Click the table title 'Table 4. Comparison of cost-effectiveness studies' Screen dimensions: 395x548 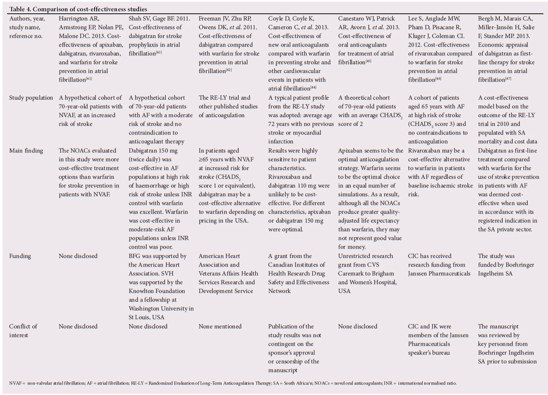point(78,9)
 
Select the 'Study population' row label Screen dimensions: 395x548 point(31,98)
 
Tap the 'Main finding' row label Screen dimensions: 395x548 point(26,151)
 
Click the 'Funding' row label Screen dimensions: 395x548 point(20,256)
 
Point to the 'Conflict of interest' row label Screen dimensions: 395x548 point(23,331)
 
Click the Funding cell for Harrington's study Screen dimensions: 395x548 point(78,256)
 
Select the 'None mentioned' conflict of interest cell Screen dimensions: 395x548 point(220,327)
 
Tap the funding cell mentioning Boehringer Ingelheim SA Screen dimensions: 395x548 point(506,265)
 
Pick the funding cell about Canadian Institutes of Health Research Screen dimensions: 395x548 point(298,273)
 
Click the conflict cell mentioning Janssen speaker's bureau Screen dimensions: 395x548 point(438,340)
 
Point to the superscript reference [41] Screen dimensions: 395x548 point(89,78)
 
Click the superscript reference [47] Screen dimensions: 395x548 point(508,78)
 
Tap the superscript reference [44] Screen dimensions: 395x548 point(313,87)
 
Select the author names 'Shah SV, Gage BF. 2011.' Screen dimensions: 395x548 point(159,19)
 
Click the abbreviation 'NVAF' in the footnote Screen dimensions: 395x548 point(15,383)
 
